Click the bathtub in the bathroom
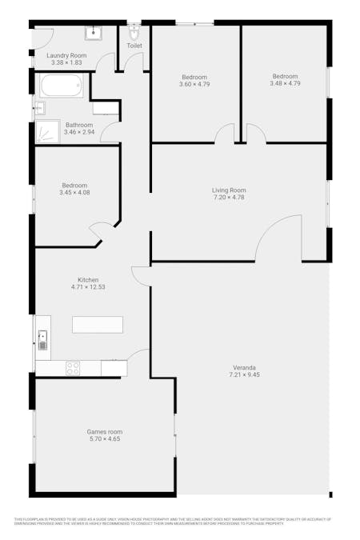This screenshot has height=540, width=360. pos(62,84)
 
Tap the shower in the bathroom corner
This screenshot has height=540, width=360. pos(48,132)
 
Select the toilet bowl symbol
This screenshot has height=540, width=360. pos(134,33)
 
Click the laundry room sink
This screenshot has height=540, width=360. pos(94,32)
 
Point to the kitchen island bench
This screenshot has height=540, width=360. pos(98,324)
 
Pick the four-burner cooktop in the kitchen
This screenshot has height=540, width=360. pos(73,369)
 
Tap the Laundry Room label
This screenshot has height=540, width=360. pos(66,55)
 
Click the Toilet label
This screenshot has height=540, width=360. pos(134,46)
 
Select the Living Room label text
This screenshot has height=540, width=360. pos(229,190)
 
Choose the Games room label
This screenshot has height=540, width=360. pos(105,432)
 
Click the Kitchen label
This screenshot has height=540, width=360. pos(88,280)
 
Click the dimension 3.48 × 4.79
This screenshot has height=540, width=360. pos(285,83)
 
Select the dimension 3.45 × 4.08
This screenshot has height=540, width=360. pos(74,192)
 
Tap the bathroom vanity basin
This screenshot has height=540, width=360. pos(39,108)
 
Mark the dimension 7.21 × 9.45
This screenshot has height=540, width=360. pos(244,374)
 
